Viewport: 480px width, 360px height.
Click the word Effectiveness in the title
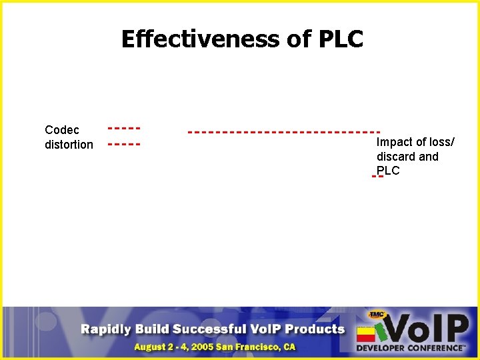(x=201, y=39)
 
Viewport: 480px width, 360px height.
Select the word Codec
(x=61, y=130)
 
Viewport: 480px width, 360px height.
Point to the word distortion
(x=69, y=145)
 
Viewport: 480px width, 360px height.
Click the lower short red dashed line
(x=124, y=143)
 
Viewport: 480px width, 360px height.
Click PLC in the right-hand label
(x=388, y=171)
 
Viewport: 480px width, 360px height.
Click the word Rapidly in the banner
(x=107, y=329)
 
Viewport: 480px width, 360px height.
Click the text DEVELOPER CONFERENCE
(x=410, y=348)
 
